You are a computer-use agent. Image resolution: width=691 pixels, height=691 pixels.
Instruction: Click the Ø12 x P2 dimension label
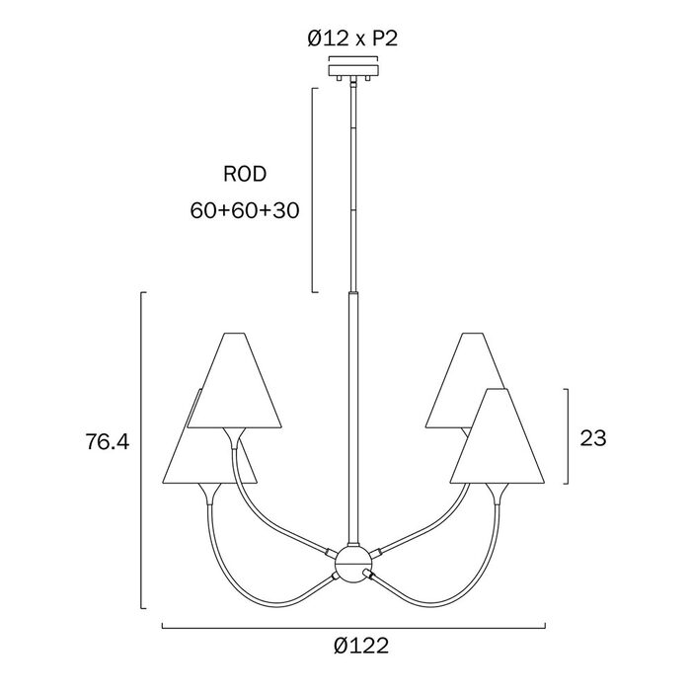(352, 38)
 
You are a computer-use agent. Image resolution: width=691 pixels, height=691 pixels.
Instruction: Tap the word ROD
(245, 174)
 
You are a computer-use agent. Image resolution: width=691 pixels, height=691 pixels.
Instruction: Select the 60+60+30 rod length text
(245, 210)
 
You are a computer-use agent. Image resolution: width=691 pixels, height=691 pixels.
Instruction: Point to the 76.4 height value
(108, 441)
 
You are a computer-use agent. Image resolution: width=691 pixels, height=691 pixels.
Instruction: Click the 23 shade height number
(593, 438)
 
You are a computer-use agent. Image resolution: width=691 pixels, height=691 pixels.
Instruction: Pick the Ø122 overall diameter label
(361, 646)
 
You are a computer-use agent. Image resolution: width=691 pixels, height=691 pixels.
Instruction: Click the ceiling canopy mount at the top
(353, 70)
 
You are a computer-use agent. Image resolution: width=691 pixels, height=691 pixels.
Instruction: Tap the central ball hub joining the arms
(353, 564)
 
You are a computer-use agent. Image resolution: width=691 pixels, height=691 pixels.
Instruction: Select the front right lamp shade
(498, 435)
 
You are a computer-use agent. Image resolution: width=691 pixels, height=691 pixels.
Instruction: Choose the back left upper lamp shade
(235, 380)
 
